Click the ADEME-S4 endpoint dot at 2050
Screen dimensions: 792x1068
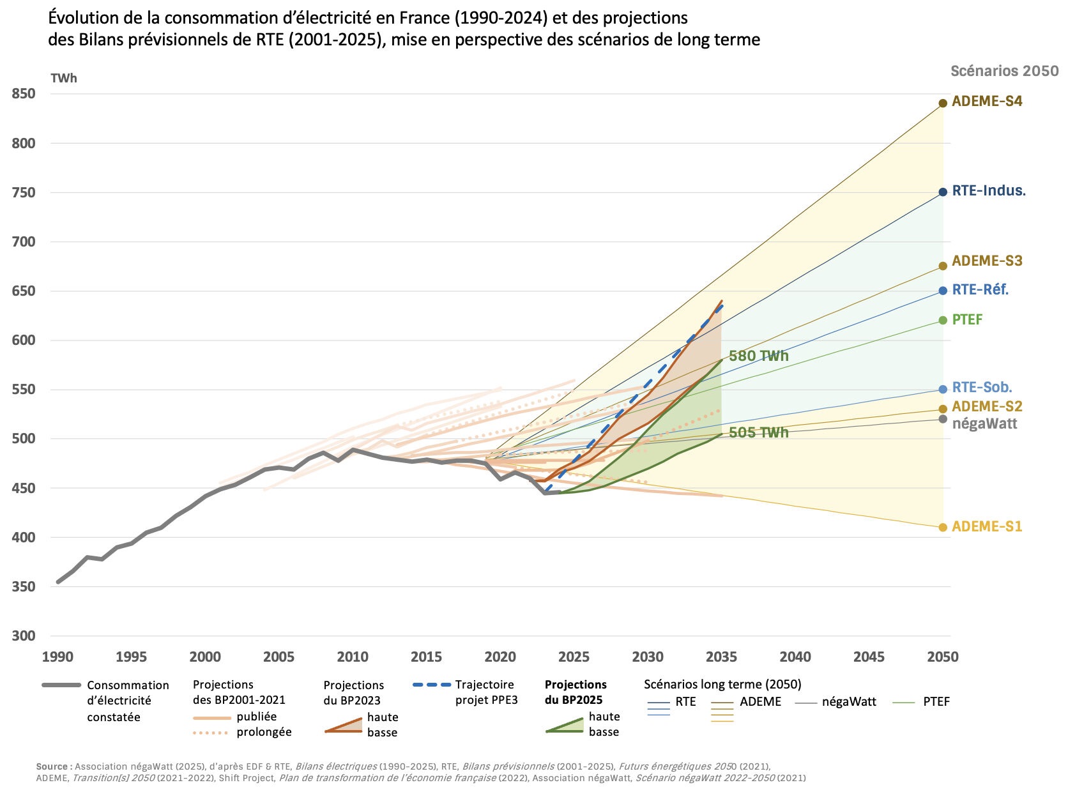point(943,103)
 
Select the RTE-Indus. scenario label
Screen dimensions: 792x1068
point(988,190)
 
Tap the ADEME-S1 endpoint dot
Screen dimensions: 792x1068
point(943,527)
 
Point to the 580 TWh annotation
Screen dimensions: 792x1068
point(759,356)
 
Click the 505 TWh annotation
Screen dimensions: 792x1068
point(759,432)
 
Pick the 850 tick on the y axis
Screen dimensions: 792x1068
point(24,94)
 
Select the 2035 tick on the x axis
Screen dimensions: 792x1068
point(721,657)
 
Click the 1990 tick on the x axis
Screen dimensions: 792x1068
point(57,657)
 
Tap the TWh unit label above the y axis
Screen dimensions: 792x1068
point(64,78)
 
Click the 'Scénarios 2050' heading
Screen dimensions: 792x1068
point(1004,71)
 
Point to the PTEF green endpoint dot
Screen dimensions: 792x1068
point(943,320)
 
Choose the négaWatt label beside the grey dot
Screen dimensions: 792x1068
point(984,423)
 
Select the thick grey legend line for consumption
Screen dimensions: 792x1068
point(61,685)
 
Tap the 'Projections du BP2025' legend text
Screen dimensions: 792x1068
point(575,692)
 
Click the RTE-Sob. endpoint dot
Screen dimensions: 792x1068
point(943,390)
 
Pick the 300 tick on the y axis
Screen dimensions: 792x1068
point(24,636)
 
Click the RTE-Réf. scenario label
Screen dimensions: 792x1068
point(980,290)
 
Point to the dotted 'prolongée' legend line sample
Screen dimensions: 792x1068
point(211,733)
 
